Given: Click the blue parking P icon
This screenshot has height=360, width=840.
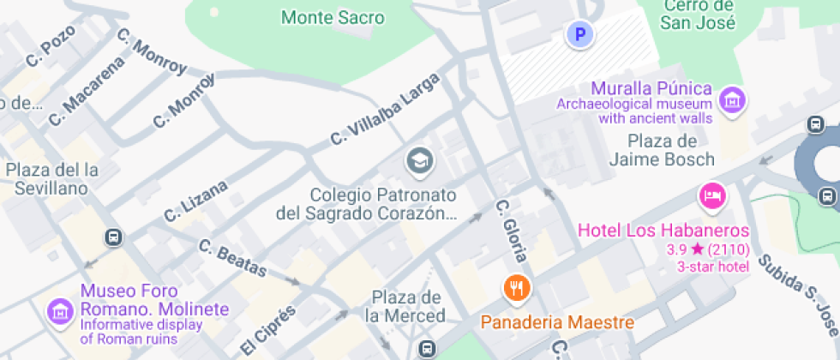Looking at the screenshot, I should pyautogui.click(x=580, y=35).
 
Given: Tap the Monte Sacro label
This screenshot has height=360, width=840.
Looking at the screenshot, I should pyautogui.click(x=333, y=17).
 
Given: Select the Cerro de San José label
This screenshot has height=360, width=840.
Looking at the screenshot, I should pyautogui.click(x=698, y=15).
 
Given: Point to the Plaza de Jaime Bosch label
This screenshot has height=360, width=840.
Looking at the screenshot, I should pyautogui.click(x=673, y=150).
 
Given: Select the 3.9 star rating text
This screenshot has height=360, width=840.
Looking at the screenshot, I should pyautogui.click(x=708, y=249).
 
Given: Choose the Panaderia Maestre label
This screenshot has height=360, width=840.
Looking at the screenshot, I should pyautogui.click(x=557, y=323).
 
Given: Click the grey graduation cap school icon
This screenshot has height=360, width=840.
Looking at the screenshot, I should pyautogui.click(x=419, y=159).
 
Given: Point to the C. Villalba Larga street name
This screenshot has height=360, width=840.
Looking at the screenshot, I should pyautogui.click(x=387, y=109).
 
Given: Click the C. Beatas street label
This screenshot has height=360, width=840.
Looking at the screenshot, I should pyautogui.click(x=233, y=257).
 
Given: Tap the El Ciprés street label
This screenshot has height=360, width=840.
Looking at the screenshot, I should pyautogui.click(x=268, y=329).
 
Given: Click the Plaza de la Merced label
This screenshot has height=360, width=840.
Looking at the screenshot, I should pyautogui.click(x=407, y=307).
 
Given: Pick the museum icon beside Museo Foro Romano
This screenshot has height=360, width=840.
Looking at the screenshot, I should pyautogui.click(x=60, y=310).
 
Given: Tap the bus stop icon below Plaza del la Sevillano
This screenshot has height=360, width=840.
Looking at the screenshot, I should pyautogui.click(x=112, y=237).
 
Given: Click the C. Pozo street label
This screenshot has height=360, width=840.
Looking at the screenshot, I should pyautogui.click(x=51, y=45).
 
